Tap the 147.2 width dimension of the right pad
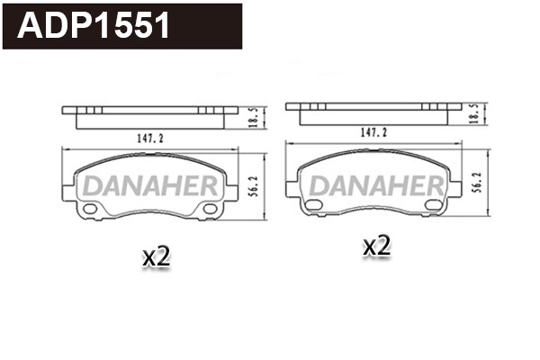373,131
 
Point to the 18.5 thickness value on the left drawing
255,116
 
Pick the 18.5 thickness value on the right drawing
475,112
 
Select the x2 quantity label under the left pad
157,256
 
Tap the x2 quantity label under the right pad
376,245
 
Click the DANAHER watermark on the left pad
151,186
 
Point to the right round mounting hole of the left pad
211,210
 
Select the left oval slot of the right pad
314,207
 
